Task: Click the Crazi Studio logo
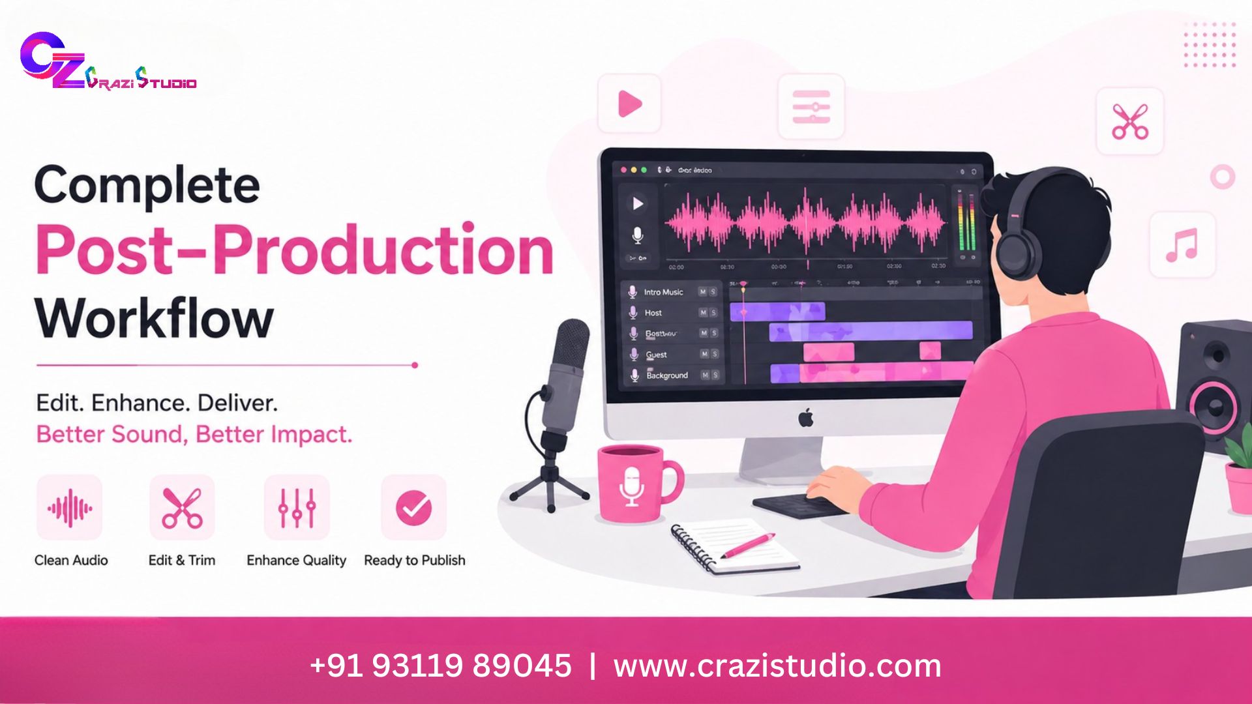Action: point(108,63)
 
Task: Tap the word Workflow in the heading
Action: point(155,319)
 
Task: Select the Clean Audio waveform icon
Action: point(69,508)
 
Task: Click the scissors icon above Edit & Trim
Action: point(182,508)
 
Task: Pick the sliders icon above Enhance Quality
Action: point(297,508)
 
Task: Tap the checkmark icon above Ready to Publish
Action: point(413,508)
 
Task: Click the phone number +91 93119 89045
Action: point(441,666)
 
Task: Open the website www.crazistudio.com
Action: point(777,666)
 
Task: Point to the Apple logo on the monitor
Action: point(807,418)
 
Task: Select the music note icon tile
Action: point(1182,245)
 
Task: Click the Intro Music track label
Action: point(663,292)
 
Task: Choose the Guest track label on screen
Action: point(656,355)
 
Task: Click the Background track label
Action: point(666,375)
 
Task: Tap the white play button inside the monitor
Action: point(638,204)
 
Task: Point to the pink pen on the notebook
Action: point(748,546)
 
